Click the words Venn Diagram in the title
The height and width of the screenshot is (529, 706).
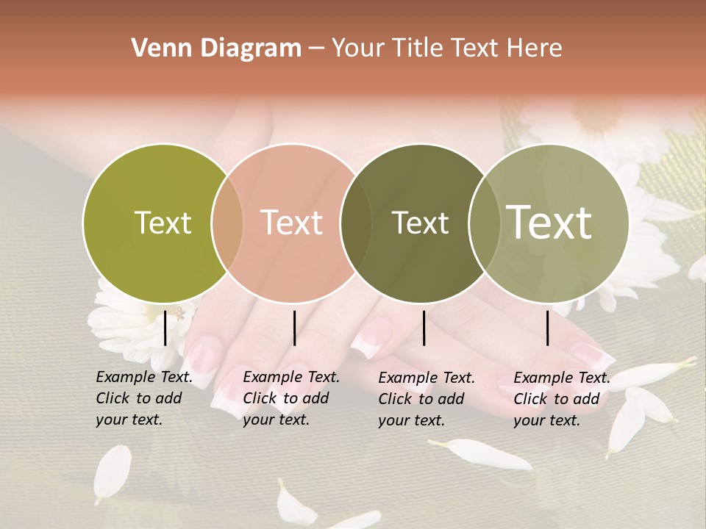coord(216,48)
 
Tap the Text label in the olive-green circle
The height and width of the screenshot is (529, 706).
coord(163,223)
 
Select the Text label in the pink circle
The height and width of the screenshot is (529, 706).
coord(291,223)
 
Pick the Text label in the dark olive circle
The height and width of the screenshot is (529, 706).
coord(420,223)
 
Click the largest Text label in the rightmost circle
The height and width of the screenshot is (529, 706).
coord(549,223)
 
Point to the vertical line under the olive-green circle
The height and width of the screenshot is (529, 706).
coord(165,328)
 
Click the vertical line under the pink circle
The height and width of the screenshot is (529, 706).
coord(294,328)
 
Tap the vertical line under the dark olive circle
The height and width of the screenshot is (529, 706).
coord(424,328)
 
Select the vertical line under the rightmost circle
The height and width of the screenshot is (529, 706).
coord(548,328)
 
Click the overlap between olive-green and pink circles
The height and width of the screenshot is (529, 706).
coord(227,223)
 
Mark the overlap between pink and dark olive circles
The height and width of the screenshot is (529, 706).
coord(356,223)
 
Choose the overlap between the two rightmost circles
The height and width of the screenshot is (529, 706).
coord(485,223)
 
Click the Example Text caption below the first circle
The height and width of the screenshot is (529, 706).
coord(143,398)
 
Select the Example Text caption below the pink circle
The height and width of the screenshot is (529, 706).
coord(290,398)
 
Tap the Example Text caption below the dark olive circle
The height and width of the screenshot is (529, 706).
coord(426,399)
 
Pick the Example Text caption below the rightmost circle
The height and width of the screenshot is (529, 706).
coord(561,399)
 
